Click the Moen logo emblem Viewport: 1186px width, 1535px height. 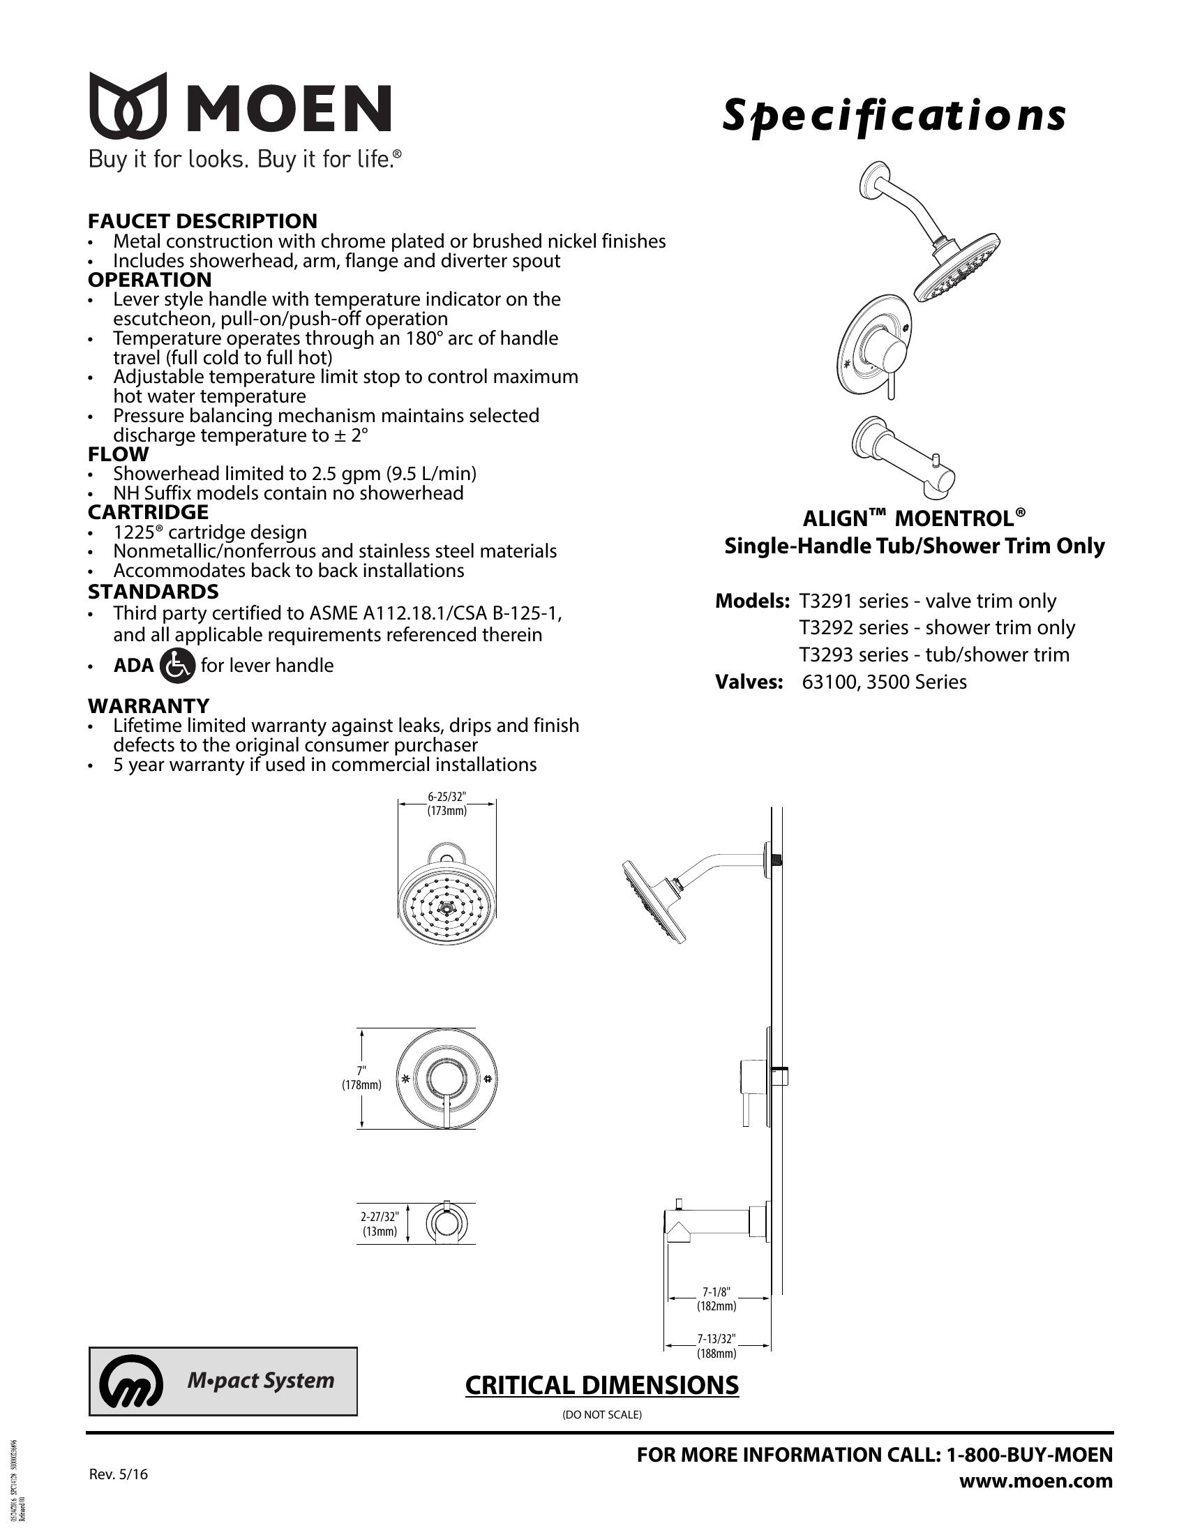click(x=127, y=105)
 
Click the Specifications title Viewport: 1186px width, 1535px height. click(x=894, y=115)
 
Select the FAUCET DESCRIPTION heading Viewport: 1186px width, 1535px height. click(x=202, y=220)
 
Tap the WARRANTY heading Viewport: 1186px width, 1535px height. click(x=148, y=705)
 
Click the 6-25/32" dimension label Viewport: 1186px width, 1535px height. click(x=447, y=797)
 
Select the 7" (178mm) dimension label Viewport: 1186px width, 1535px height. click(x=362, y=1079)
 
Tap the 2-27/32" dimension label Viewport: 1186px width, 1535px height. click(x=380, y=1217)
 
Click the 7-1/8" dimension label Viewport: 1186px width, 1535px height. click(x=716, y=1291)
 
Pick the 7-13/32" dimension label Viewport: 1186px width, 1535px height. click(x=716, y=1339)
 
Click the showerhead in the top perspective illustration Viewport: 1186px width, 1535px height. click(x=957, y=267)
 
